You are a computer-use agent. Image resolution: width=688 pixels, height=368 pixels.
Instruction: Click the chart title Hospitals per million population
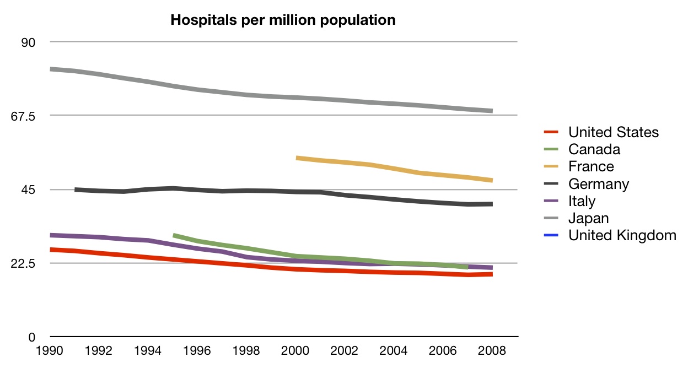[x=283, y=20]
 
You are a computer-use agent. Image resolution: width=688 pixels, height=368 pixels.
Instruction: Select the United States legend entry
[x=613, y=132]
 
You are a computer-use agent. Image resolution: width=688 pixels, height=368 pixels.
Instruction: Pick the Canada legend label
[x=594, y=149]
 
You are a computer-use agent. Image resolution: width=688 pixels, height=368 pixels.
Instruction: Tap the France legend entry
[x=591, y=166]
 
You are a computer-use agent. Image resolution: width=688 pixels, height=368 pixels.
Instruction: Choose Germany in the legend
[x=598, y=183]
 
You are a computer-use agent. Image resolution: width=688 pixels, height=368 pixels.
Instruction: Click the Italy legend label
[x=582, y=201]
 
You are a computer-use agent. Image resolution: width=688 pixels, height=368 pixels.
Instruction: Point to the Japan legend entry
[x=588, y=218]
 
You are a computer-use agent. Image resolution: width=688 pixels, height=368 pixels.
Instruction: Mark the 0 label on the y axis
[x=31, y=337]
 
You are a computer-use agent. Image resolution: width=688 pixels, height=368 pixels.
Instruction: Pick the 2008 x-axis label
[x=492, y=350]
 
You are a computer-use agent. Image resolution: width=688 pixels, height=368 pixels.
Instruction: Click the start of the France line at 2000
[x=298, y=158]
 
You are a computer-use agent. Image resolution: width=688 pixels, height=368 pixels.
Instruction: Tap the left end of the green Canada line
[x=174, y=235]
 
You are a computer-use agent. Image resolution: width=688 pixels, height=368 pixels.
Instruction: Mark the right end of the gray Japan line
[x=492, y=111]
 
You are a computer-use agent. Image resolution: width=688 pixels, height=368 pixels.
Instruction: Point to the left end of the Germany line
[x=76, y=190]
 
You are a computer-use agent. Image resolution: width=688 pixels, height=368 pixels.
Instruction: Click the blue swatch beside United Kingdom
[x=552, y=235]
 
